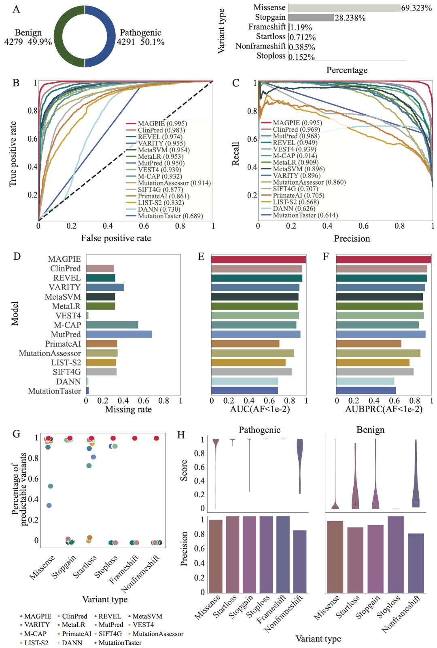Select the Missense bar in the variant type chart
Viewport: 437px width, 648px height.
(344, 8)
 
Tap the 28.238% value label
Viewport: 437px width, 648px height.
(350, 18)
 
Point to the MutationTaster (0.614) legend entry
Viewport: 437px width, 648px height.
(305, 215)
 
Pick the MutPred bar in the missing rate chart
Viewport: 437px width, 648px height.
(119, 335)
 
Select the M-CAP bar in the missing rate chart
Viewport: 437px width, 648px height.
(112, 325)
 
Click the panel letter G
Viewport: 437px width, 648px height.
(16, 434)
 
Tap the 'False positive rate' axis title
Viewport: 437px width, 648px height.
(116, 238)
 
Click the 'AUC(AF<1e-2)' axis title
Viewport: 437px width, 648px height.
(260, 409)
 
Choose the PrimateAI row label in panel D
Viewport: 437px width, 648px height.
(63, 344)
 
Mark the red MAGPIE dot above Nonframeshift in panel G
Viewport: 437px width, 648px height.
(156, 438)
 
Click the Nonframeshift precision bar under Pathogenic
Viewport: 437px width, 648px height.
(299, 562)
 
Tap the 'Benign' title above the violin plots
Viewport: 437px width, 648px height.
(370, 430)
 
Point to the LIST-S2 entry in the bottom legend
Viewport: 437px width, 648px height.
(36, 643)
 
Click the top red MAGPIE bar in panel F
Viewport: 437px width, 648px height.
(383, 259)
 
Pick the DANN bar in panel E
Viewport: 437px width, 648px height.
(245, 381)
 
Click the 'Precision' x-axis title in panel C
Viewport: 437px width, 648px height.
(352, 239)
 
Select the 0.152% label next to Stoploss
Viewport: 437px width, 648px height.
(301, 57)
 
